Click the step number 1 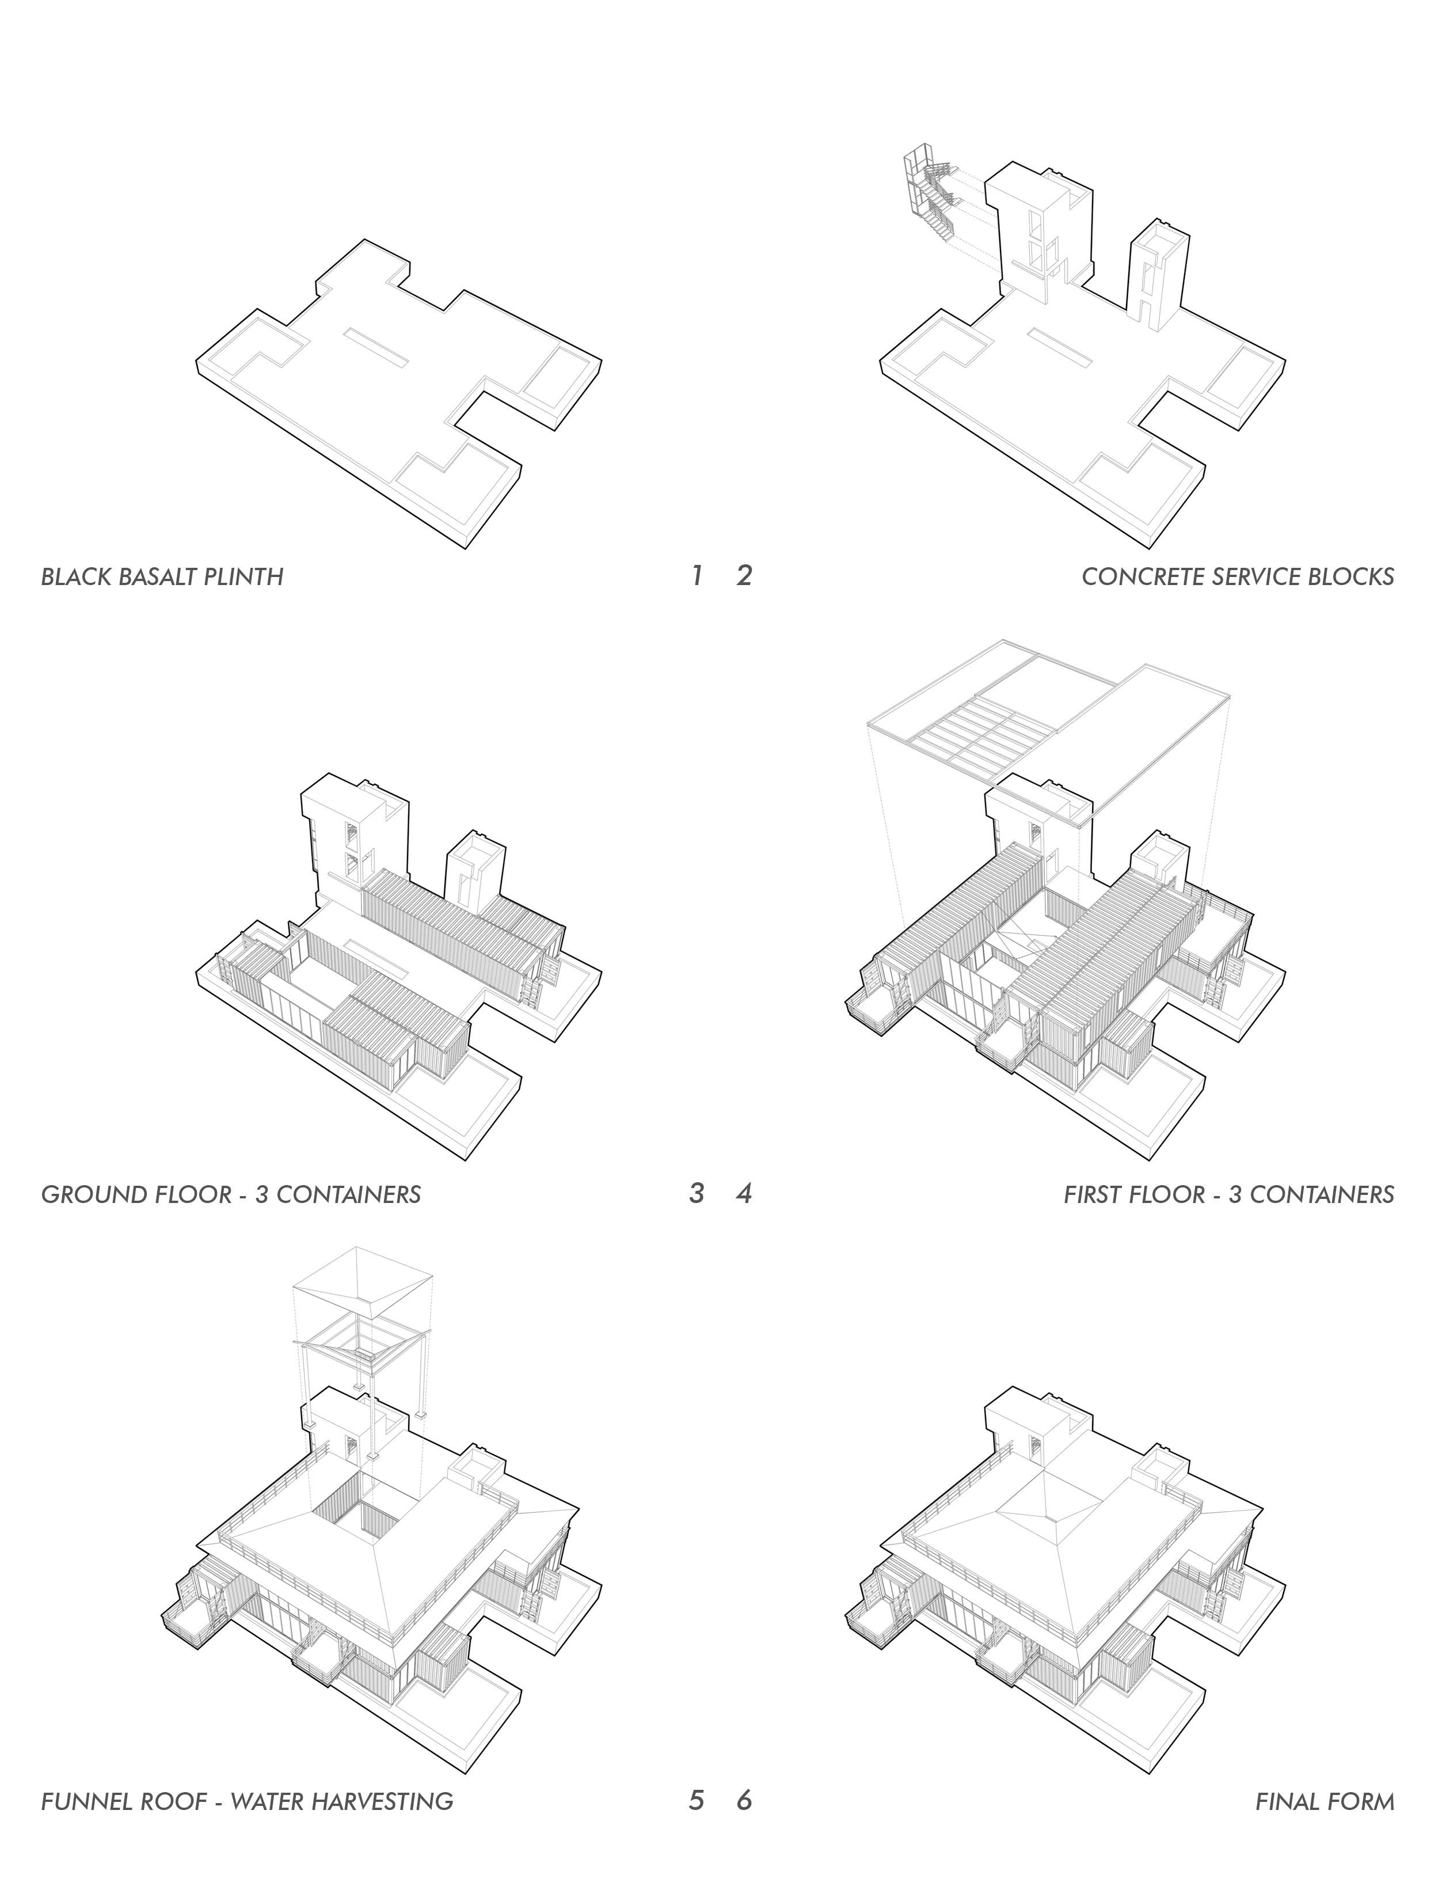[697, 575]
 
